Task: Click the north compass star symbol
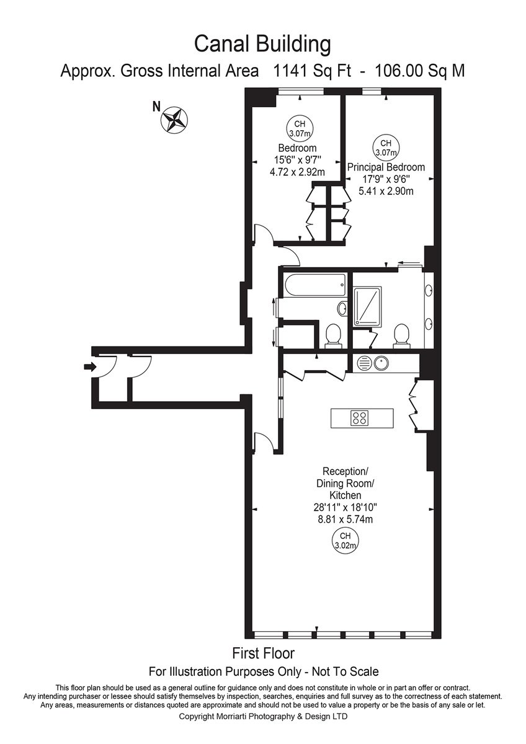(x=174, y=120)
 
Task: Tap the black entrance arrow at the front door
(x=90, y=367)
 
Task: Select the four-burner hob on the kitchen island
(x=360, y=418)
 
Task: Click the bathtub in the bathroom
(x=314, y=286)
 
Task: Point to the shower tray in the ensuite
(x=367, y=306)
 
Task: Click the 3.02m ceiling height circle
(x=345, y=541)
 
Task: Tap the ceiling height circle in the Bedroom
(x=300, y=129)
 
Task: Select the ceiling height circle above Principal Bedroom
(x=386, y=148)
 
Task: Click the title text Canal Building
(x=262, y=44)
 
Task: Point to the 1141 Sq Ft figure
(x=308, y=71)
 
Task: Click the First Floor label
(x=263, y=653)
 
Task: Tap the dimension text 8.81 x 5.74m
(x=345, y=519)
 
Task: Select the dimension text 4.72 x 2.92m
(x=297, y=172)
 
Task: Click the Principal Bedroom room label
(x=386, y=167)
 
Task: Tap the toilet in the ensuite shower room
(x=401, y=336)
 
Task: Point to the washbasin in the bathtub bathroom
(x=342, y=309)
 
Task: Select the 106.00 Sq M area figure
(x=420, y=71)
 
